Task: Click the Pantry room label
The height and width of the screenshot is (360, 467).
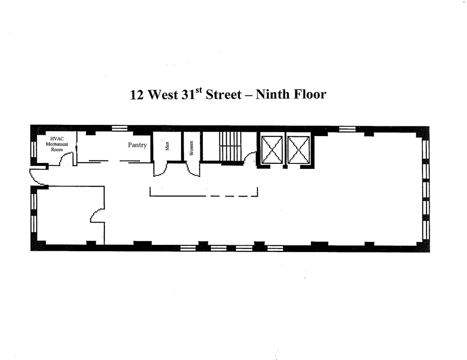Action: tap(137, 145)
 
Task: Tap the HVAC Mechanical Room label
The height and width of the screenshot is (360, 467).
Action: tap(57, 144)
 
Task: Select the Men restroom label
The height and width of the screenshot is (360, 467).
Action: tap(167, 146)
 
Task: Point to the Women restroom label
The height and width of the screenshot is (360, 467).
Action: tap(191, 148)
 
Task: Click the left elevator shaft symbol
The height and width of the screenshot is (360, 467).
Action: tap(271, 150)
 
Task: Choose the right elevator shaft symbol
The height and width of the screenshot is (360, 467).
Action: tap(298, 150)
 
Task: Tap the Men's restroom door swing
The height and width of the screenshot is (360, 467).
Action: tap(160, 169)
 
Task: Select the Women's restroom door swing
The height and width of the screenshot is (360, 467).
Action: tap(193, 169)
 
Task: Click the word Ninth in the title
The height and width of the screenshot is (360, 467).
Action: tap(273, 94)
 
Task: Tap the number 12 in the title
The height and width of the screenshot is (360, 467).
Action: tap(137, 95)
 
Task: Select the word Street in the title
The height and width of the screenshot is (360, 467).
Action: tap(224, 95)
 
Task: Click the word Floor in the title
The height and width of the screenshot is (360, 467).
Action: tap(310, 94)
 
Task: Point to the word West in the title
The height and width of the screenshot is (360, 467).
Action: tap(163, 95)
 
